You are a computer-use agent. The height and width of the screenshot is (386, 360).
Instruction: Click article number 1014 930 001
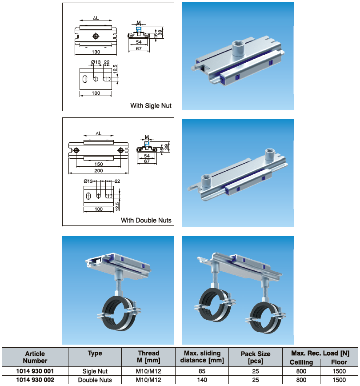click(x=35, y=371)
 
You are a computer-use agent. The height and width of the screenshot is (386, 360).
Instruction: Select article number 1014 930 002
click(x=35, y=380)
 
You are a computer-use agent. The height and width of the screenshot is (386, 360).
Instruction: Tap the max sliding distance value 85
click(x=202, y=371)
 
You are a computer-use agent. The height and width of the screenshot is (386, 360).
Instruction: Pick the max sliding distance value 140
click(x=202, y=380)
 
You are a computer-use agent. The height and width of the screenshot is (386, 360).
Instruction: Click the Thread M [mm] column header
click(x=148, y=357)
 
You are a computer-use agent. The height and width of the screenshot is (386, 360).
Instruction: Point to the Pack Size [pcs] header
click(x=255, y=357)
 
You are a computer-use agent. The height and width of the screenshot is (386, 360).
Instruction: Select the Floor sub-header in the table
click(x=339, y=362)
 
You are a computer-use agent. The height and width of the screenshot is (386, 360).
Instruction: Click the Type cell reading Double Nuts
click(x=95, y=380)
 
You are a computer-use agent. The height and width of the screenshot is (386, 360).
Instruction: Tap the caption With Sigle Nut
click(x=151, y=106)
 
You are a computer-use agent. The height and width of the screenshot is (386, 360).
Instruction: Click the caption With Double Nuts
click(x=146, y=220)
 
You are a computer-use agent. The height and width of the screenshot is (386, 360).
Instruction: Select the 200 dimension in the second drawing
click(x=99, y=170)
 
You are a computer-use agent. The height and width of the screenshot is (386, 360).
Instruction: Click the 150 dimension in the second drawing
click(x=99, y=164)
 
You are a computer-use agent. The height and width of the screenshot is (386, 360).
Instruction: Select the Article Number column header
click(x=35, y=357)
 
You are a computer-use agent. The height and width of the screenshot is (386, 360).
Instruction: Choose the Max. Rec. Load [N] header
click(x=320, y=353)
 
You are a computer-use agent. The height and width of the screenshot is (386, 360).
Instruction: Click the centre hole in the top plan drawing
click(x=96, y=36)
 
